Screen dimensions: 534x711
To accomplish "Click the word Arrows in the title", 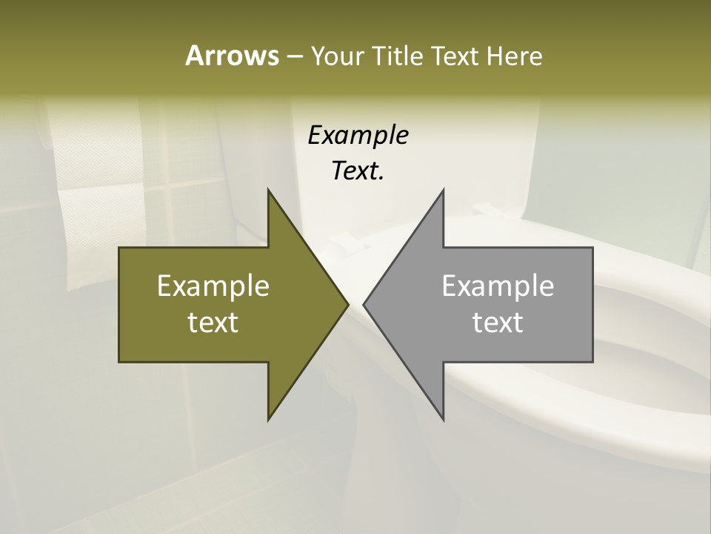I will (x=231, y=56).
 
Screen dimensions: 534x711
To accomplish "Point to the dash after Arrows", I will (x=294, y=56).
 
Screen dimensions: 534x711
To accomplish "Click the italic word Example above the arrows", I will (x=358, y=135).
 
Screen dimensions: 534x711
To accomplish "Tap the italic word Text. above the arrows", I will (x=358, y=171).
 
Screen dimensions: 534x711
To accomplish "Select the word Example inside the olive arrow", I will (x=213, y=286).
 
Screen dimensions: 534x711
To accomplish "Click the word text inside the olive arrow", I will (x=213, y=322).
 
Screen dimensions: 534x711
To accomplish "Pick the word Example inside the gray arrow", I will (x=498, y=286).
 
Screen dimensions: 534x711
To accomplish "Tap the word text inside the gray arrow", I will (x=498, y=322).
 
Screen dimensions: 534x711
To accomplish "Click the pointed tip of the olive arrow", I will (x=347, y=304).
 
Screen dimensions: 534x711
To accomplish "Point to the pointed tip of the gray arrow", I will (x=364, y=304).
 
